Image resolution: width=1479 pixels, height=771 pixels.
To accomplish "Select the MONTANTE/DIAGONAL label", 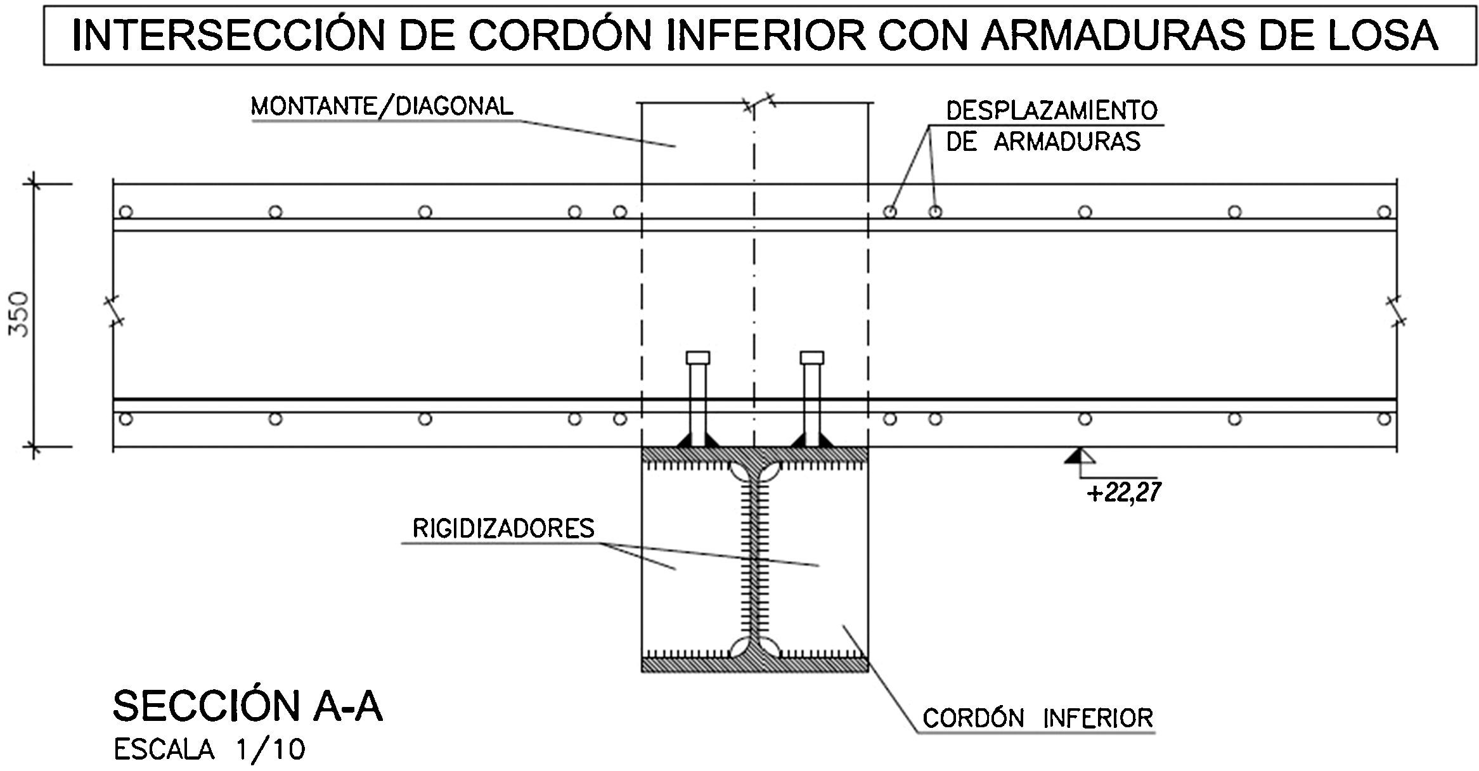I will tap(382, 107).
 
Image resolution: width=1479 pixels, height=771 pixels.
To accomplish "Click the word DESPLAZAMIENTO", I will tap(1052, 110).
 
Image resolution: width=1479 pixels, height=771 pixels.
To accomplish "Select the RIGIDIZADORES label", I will tap(503, 528).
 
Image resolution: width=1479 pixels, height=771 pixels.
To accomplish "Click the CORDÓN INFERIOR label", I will tap(1037, 718).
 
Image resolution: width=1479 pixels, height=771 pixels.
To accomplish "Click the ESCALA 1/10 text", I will tap(209, 750).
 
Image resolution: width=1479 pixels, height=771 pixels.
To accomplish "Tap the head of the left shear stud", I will tap(697, 358).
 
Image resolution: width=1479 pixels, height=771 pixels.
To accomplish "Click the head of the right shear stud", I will tap(812, 358).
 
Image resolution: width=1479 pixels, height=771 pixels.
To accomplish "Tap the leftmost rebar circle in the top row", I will tap(126, 211).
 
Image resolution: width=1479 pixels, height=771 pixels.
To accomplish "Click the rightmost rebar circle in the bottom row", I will tap(1385, 419).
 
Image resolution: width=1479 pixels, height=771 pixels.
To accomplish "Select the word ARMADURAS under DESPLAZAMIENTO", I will tap(1066, 141).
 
